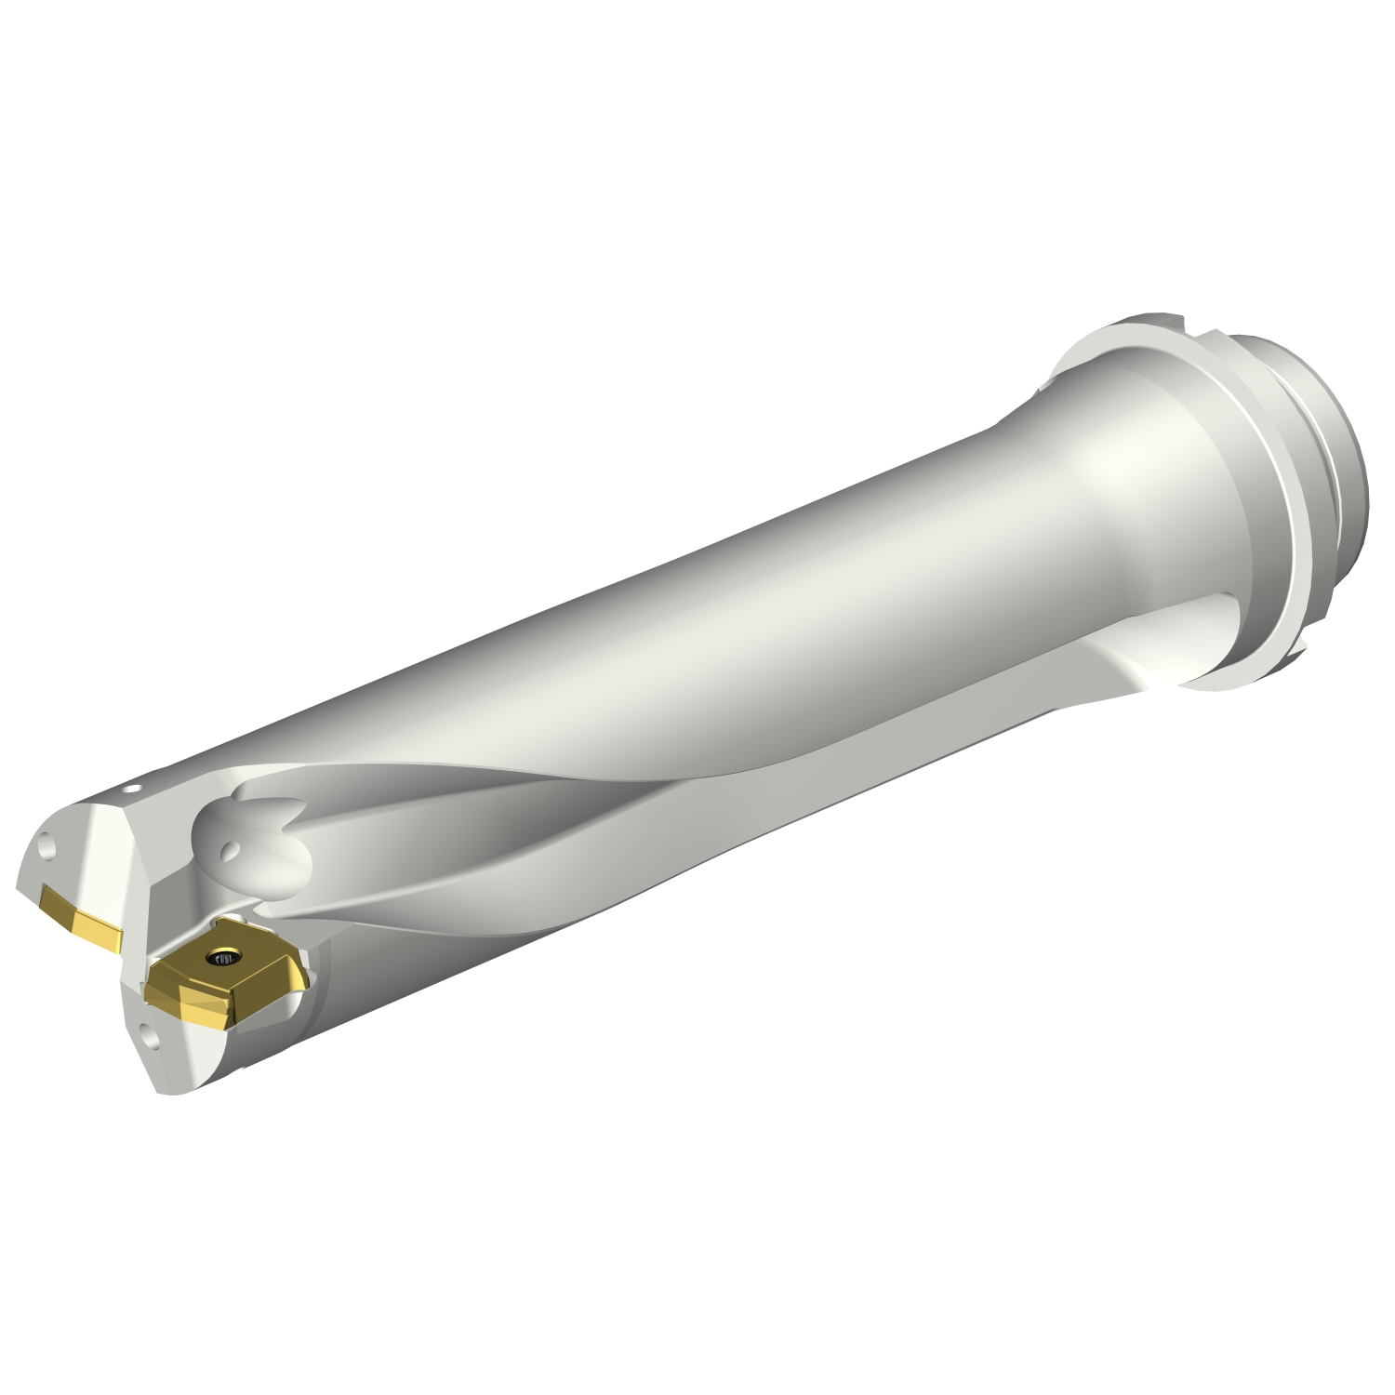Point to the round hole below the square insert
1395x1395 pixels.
pyautogui.click(x=148, y=1030)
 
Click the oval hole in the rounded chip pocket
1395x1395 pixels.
pyautogui.click(x=230, y=851)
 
